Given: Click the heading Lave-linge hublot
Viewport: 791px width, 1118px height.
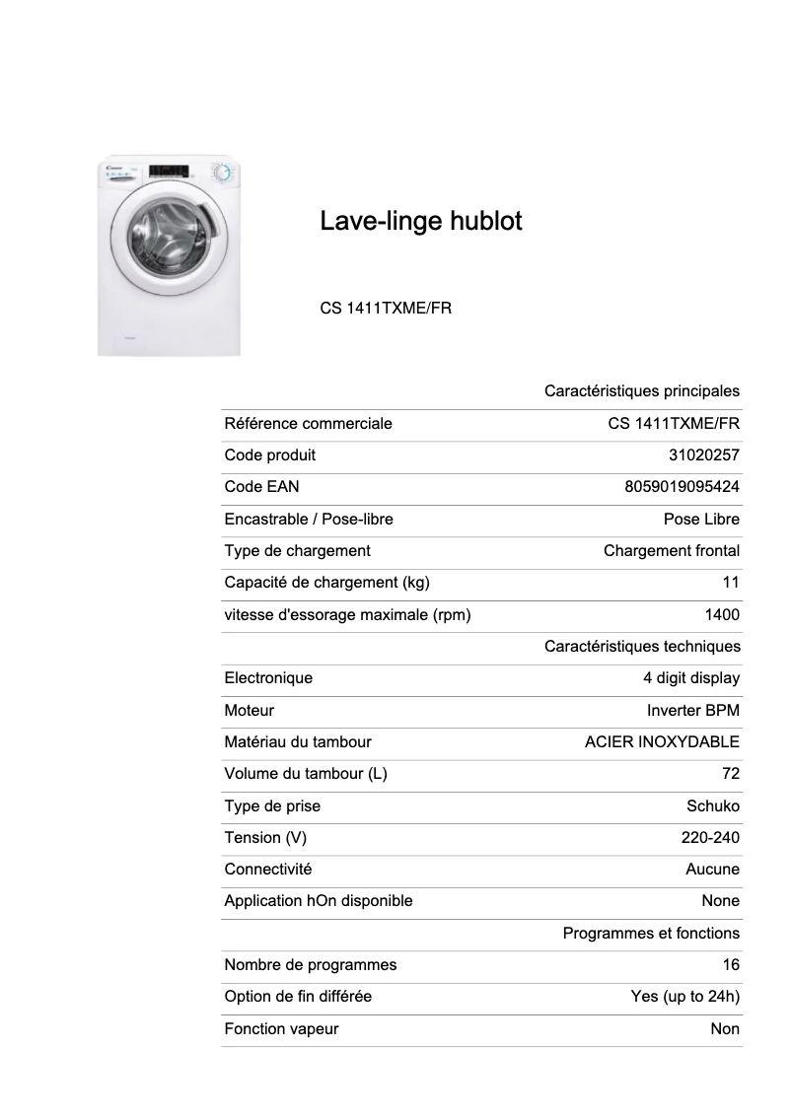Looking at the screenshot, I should [x=421, y=222].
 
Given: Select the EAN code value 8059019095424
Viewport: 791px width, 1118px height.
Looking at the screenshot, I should [x=682, y=487].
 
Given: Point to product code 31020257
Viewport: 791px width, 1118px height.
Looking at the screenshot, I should [x=703, y=455].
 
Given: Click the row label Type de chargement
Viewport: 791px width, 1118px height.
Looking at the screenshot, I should [x=298, y=551].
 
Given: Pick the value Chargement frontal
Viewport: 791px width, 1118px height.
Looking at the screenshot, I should [x=672, y=551].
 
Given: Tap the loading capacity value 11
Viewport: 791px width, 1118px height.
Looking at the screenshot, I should [x=731, y=583].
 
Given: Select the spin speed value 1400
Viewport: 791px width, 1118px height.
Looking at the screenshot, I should [x=722, y=615].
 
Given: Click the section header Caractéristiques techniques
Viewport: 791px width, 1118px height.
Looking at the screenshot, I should [x=642, y=647].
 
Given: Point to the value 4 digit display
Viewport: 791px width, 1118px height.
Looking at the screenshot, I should [x=691, y=678].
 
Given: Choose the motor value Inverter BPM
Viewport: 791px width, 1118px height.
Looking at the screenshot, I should [x=693, y=711].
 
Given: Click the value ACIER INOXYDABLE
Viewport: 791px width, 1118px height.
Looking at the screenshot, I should [x=662, y=742].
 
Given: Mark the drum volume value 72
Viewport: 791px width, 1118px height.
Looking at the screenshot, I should [x=731, y=774].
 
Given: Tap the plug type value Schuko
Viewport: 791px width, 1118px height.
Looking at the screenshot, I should [x=713, y=806].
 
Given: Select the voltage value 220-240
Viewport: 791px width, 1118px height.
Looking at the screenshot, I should [x=704, y=838].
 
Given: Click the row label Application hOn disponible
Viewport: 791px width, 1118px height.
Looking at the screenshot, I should [x=319, y=901].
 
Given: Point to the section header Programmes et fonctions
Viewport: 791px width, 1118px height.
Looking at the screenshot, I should [x=651, y=934].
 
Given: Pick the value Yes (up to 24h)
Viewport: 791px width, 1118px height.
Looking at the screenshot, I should [x=685, y=997].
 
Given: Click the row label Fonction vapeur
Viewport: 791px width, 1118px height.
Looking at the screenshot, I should [x=281, y=1029].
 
